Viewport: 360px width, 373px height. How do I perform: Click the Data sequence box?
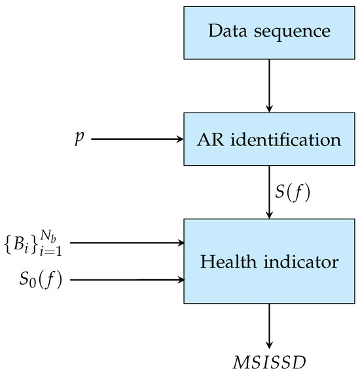269,31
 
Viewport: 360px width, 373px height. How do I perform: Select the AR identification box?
269,139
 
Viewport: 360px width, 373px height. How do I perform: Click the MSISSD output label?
269,361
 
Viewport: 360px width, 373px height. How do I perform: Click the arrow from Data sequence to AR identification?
269,85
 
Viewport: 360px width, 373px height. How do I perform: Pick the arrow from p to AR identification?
137,139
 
